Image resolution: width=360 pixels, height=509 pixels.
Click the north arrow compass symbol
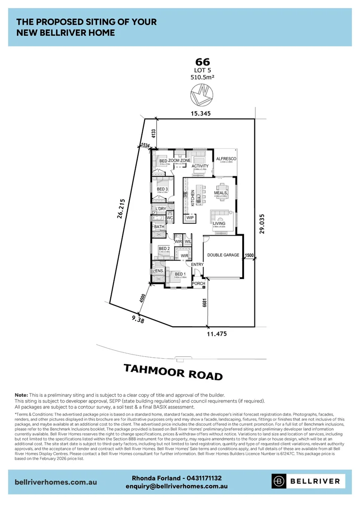pos(202,94)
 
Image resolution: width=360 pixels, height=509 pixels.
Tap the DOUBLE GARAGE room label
pos(223,255)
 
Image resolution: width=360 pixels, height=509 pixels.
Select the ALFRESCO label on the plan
pos(226,159)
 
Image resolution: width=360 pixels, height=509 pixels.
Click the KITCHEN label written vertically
pos(193,198)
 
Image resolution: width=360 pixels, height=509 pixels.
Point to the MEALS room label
pos(221,193)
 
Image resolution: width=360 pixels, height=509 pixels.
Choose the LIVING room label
pos(219,223)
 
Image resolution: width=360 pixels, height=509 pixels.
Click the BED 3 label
pos(163,189)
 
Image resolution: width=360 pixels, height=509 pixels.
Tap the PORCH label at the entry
pos(205,283)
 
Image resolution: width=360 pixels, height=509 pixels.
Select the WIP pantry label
pos(190,218)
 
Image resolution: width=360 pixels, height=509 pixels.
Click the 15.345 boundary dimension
pos(201,114)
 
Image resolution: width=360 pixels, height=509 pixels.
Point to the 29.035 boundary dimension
pos(262,223)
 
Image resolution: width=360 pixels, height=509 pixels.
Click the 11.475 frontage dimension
pos(217,334)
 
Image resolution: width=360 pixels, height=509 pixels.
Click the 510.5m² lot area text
pos(202,78)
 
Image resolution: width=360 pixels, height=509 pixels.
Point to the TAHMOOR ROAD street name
pos(173,371)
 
